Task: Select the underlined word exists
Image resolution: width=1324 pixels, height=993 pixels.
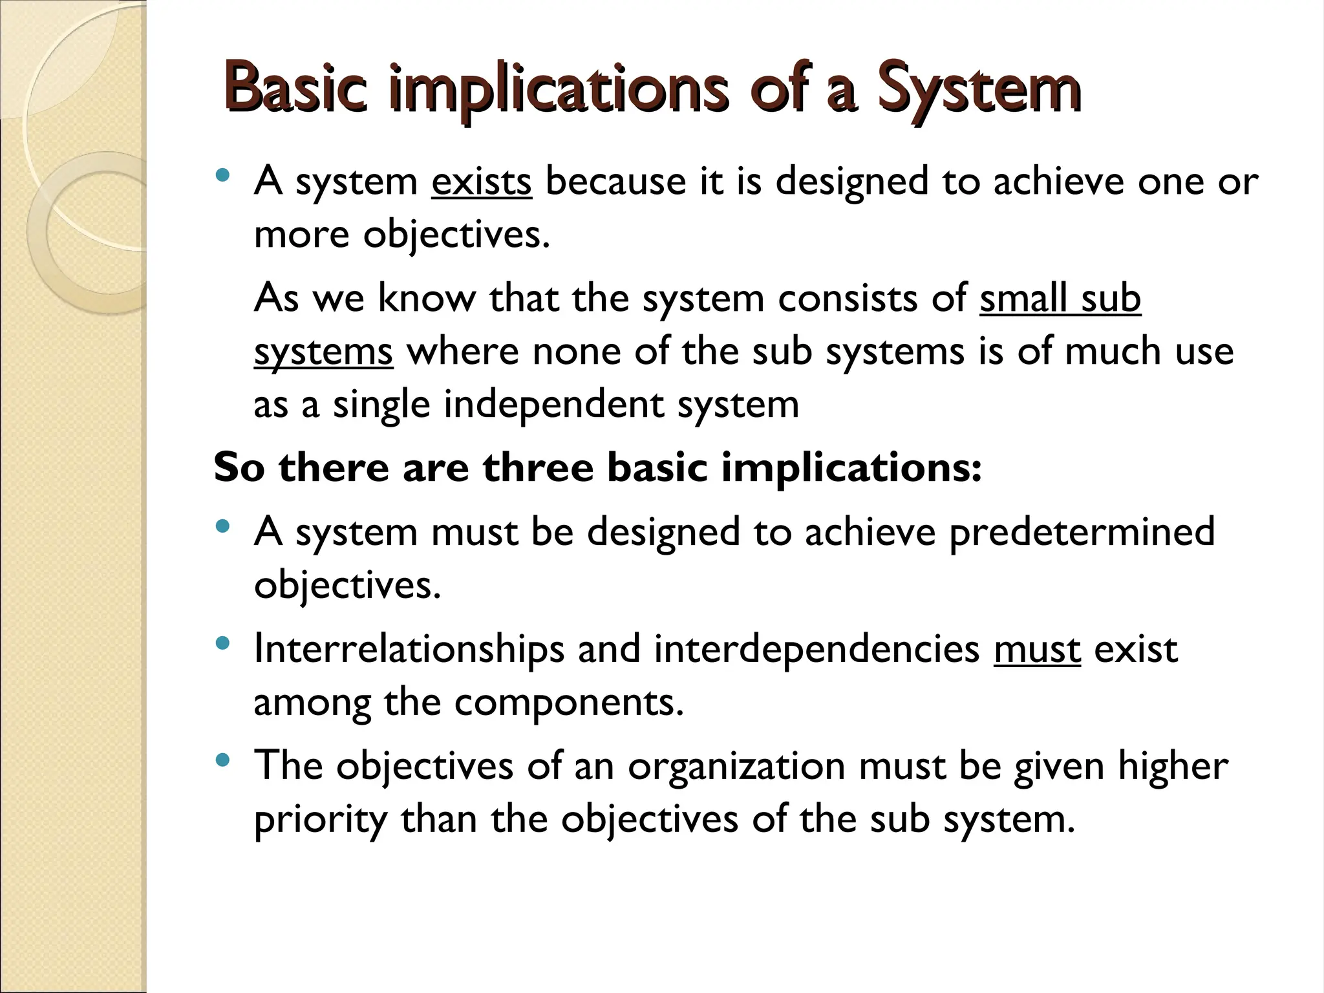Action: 481,181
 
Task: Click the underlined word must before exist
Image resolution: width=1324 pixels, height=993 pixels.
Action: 1037,649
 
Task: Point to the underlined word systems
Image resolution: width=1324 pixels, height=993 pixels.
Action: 323,353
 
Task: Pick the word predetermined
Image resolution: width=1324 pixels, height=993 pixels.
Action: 1082,531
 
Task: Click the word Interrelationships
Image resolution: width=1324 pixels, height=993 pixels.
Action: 409,649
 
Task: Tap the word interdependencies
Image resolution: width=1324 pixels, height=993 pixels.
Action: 817,649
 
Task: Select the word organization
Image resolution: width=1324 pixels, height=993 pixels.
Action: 736,767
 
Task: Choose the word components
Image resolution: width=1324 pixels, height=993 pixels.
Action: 569,702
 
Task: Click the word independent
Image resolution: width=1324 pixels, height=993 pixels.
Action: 553,405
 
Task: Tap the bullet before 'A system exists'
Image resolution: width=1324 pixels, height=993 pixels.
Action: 223,175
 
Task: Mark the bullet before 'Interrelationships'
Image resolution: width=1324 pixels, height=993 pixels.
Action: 223,643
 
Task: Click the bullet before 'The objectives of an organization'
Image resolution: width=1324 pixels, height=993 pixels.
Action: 223,760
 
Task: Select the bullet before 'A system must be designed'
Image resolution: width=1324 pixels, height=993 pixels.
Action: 223,526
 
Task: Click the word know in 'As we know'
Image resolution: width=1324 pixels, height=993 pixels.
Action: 426,299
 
